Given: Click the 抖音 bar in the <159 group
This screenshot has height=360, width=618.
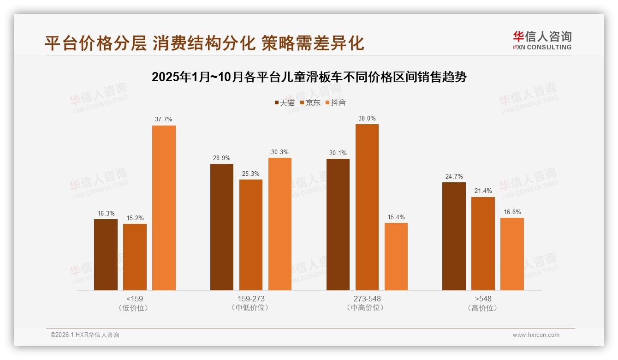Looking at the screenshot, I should pos(164,208).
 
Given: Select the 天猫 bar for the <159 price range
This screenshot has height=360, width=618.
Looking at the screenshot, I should pos(106,255).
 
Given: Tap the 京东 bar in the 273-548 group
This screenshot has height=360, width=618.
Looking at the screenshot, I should pos(367,207).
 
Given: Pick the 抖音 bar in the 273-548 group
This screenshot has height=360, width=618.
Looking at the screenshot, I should pos(396,257).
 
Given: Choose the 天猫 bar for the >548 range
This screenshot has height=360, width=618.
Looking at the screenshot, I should pos(454,236).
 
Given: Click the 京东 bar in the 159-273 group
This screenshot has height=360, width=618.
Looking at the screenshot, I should pos(251,235).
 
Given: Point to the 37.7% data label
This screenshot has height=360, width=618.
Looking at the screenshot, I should pos(164,119).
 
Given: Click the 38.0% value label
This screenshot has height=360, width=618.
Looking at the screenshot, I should pos(367,118).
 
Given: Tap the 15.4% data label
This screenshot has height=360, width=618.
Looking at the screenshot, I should pos(396,217).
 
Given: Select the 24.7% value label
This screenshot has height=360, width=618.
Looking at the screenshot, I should pos(454,176).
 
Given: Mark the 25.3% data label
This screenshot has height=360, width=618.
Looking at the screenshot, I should pos(251,174).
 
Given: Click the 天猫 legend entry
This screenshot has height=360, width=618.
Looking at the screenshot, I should pos(285,102).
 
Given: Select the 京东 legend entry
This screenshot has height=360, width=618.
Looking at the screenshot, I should pos(310,102).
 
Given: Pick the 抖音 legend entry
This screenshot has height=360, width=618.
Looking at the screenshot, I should pos(336,102).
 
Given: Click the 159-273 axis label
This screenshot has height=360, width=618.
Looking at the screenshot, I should pos(251,299).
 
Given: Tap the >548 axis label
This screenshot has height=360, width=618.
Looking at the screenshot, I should pos(483,299).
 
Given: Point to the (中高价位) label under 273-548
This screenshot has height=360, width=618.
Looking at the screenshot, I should pos(367,308).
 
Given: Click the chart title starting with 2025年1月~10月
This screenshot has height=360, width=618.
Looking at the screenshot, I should pos(309,77).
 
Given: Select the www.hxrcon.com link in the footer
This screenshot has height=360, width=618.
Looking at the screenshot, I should pos(536,335).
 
